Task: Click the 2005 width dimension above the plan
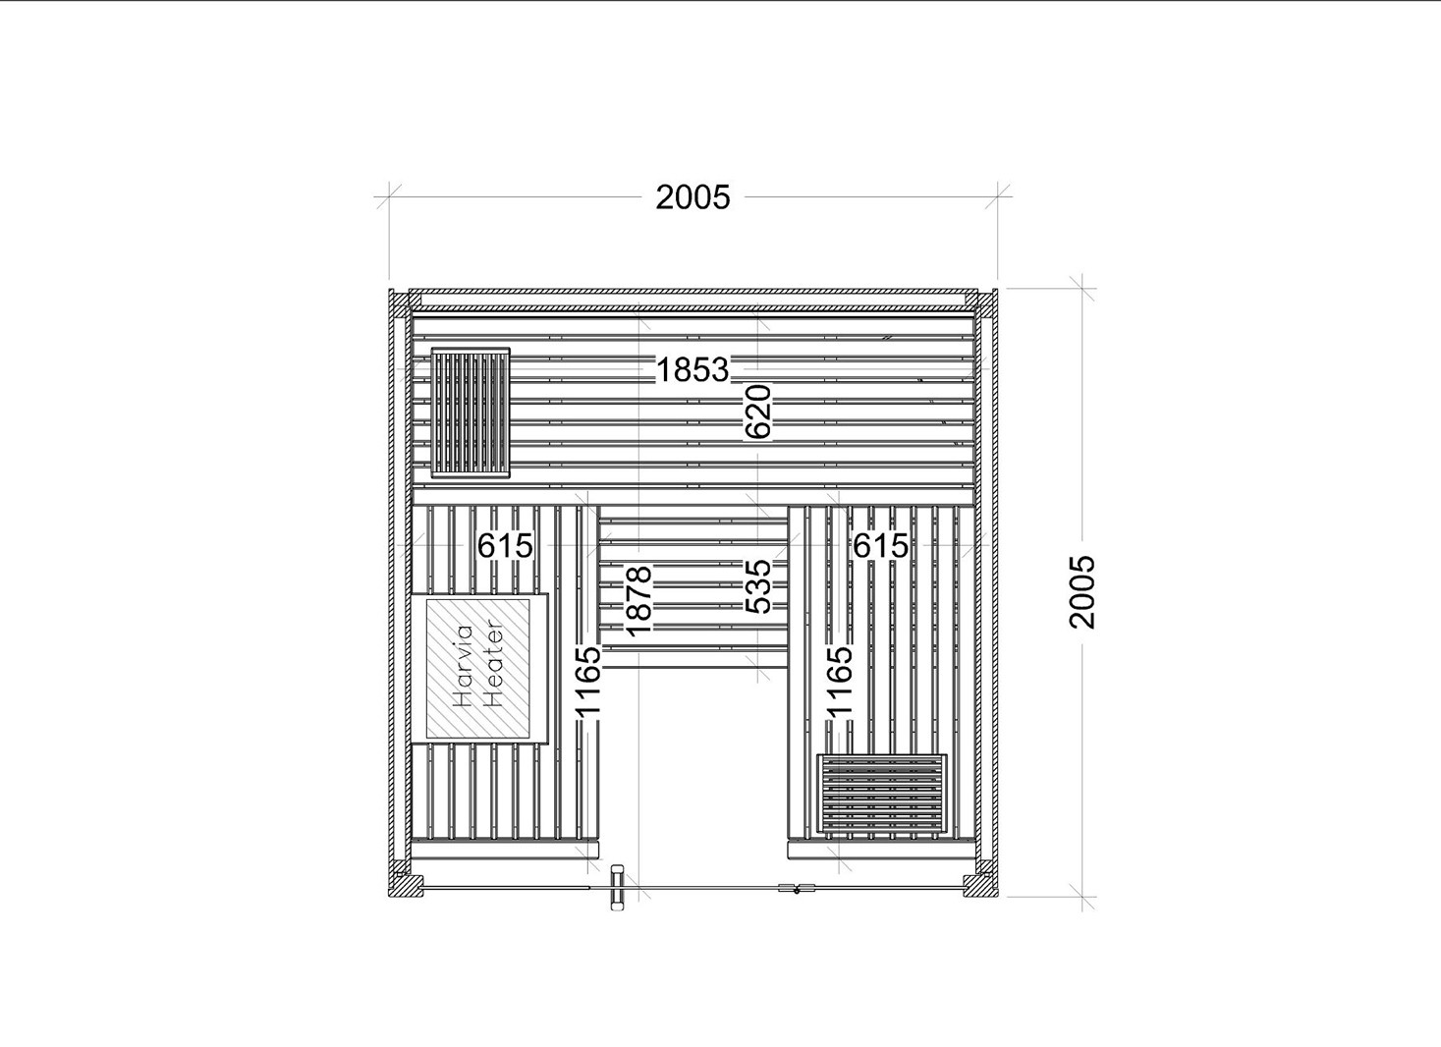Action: click(693, 197)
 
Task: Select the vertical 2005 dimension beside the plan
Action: click(1081, 591)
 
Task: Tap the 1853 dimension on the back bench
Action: click(693, 370)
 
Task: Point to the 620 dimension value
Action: click(757, 412)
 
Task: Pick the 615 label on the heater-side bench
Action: click(505, 546)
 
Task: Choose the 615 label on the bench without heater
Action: click(881, 546)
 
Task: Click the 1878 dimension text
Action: click(639, 601)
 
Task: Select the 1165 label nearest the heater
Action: click(588, 681)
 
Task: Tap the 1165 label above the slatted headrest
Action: click(840, 681)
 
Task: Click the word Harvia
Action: click(464, 666)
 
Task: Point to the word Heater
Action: click(493, 663)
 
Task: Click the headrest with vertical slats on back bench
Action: click(471, 413)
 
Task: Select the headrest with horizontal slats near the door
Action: click(882, 794)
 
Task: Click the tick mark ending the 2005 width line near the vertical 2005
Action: click(998, 194)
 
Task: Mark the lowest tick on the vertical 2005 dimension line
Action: click(1081, 896)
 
